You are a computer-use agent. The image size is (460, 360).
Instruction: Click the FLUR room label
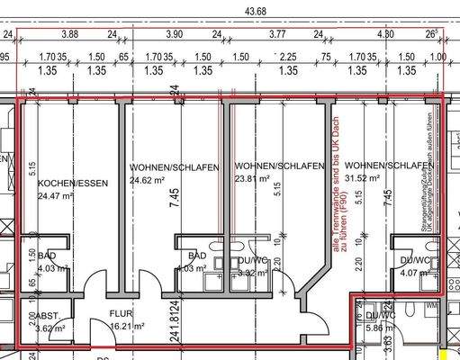click(x=122, y=315)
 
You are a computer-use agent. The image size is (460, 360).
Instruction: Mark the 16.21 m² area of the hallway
click(x=126, y=328)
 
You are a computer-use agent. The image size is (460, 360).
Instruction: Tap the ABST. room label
click(x=48, y=316)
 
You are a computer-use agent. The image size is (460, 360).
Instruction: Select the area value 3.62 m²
click(x=49, y=328)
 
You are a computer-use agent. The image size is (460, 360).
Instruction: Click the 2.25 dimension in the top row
click(x=289, y=55)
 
